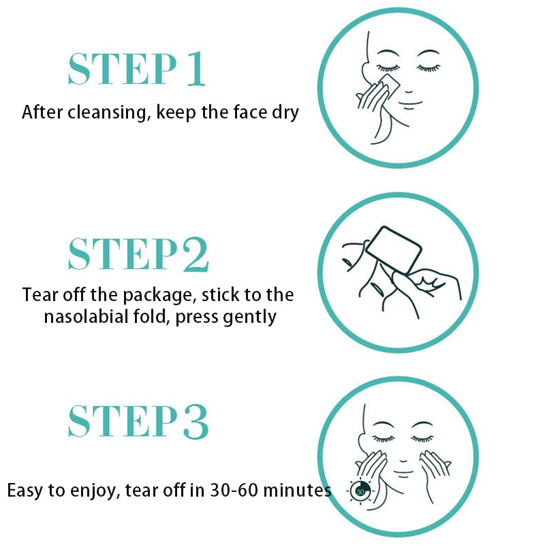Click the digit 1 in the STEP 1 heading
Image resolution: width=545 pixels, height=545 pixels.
[196, 69]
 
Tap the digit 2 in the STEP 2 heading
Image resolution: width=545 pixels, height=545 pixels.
[196, 254]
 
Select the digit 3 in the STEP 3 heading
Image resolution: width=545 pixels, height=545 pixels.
[196, 421]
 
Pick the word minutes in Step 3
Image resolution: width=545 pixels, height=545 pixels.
[297, 490]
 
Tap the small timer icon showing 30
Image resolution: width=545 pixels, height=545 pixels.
[360, 491]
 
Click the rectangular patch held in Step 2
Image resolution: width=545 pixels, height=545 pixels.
[394, 250]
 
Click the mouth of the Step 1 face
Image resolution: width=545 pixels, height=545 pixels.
[410, 104]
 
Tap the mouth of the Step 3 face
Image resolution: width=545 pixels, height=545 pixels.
[403, 472]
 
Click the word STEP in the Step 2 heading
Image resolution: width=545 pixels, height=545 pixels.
[123, 254]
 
